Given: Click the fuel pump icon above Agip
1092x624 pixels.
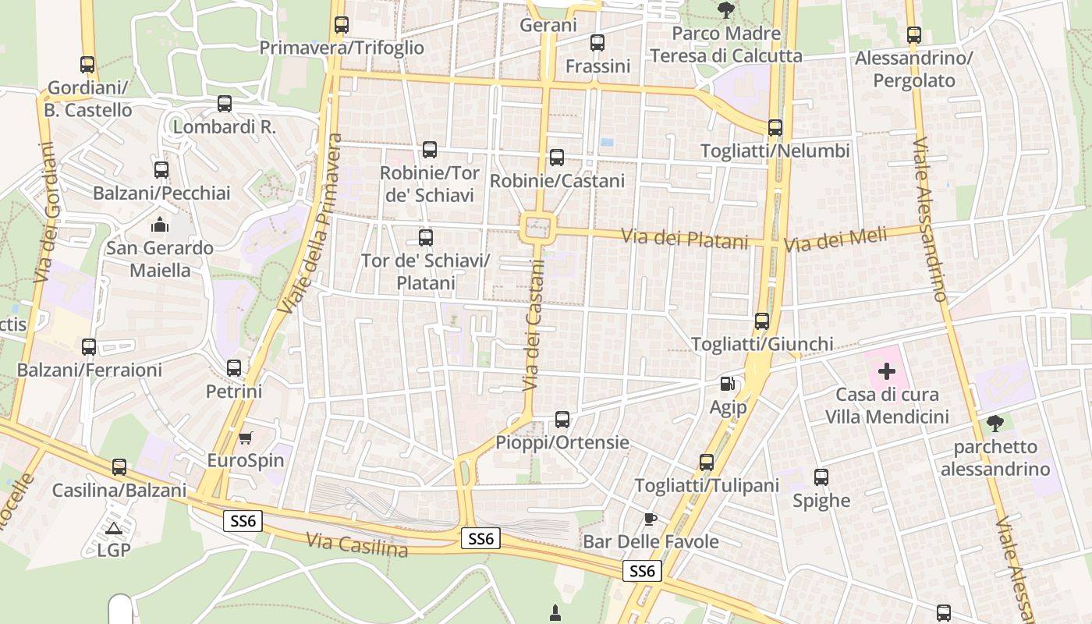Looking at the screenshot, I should point(727,383).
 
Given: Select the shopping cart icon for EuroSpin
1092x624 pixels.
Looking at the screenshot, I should point(246,438).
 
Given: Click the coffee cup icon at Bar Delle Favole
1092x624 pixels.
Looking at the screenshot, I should point(651,519).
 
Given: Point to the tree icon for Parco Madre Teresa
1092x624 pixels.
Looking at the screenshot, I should point(726,10).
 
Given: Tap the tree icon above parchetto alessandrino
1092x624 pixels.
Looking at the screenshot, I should point(994,424).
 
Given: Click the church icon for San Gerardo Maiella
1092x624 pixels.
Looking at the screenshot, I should point(161,225).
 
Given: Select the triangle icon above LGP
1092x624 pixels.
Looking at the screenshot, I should point(114,528).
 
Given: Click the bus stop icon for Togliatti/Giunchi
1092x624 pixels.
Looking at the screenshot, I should point(762,321).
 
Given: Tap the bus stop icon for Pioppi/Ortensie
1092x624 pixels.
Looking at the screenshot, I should point(562,420).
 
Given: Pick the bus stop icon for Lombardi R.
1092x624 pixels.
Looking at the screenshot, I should point(225,103).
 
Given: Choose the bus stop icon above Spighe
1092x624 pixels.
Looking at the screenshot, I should point(821,477).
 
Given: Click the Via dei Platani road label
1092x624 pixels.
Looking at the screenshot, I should point(684,239).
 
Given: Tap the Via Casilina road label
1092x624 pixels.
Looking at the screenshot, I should point(357,544).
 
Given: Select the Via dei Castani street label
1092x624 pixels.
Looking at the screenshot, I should point(533,325).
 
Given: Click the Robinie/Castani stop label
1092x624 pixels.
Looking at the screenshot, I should point(557,181).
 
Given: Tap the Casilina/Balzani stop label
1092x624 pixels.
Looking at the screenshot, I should point(119,491).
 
